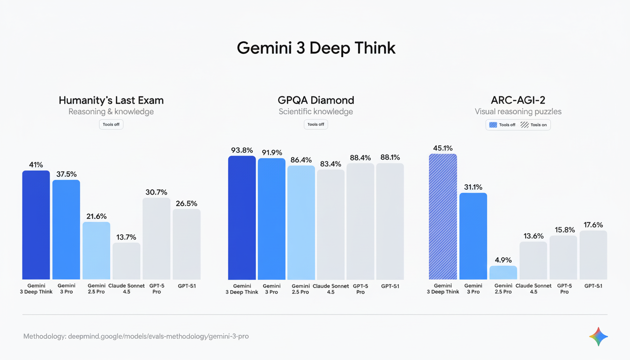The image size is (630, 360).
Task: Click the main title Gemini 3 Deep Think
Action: pyautogui.click(x=315, y=48)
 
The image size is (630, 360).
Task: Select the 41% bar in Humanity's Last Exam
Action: pyautogui.click(x=36, y=225)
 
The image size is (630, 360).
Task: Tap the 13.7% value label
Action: pyautogui.click(x=126, y=237)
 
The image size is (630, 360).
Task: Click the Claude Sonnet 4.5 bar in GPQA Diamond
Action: pyautogui.click(x=330, y=225)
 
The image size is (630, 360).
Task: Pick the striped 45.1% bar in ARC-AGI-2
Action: pyautogui.click(x=442, y=217)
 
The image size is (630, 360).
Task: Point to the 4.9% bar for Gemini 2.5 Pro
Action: pyautogui.click(x=503, y=273)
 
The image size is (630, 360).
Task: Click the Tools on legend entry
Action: pyautogui.click(x=534, y=125)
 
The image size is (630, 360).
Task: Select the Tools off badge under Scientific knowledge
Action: pyautogui.click(x=315, y=124)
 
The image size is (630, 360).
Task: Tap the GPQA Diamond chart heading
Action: pyautogui.click(x=315, y=100)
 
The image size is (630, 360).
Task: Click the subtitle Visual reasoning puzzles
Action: pyautogui.click(x=518, y=112)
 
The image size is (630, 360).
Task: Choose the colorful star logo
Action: pyautogui.click(x=598, y=337)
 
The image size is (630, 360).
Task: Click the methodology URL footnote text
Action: pyautogui.click(x=136, y=336)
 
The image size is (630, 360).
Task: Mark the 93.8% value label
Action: pyautogui.click(x=242, y=150)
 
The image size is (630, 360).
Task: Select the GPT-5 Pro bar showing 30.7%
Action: pyautogui.click(x=157, y=239)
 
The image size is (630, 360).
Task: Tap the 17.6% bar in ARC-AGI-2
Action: pyautogui.click(x=593, y=255)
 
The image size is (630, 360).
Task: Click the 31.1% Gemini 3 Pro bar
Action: pyautogui.click(x=473, y=236)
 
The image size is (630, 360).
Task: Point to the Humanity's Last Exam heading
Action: pyautogui.click(x=111, y=100)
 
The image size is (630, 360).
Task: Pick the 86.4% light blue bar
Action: pyautogui.click(x=301, y=223)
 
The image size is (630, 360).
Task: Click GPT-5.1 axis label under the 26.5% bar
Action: pyautogui.click(x=187, y=286)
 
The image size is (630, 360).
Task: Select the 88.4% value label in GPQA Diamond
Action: pyautogui.click(x=360, y=158)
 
